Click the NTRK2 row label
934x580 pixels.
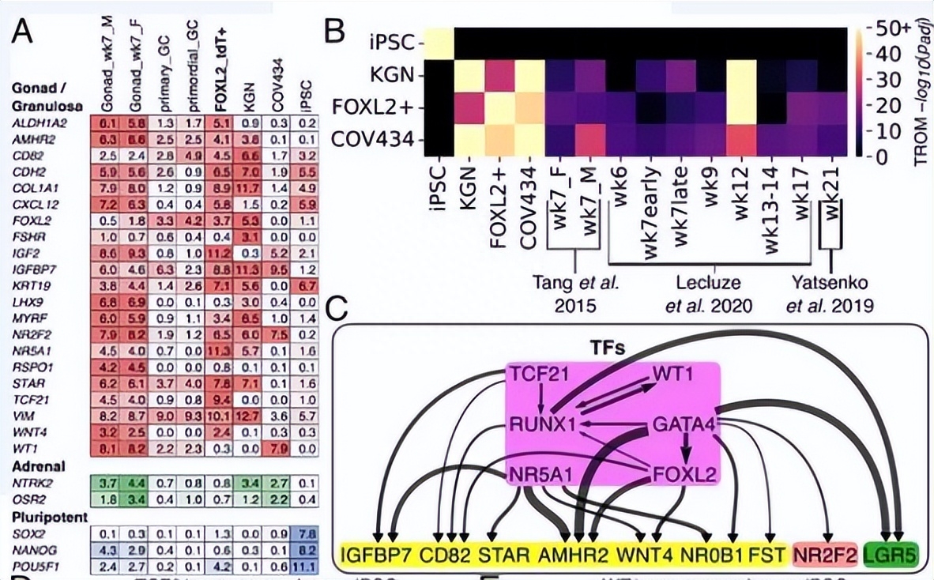[x=32, y=482]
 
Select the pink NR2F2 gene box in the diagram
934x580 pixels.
[x=826, y=555]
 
